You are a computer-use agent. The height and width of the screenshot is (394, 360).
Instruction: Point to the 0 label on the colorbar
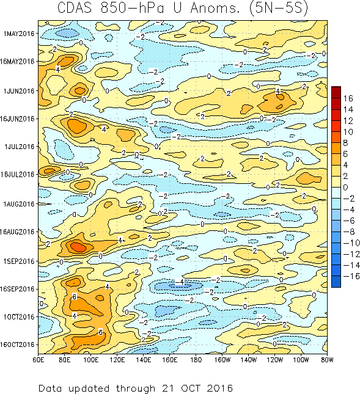346,187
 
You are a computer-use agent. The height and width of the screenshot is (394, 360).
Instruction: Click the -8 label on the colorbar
347,232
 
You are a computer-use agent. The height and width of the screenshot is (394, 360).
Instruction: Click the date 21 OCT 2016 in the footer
196,388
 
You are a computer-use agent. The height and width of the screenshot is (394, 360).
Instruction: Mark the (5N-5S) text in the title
276,9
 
